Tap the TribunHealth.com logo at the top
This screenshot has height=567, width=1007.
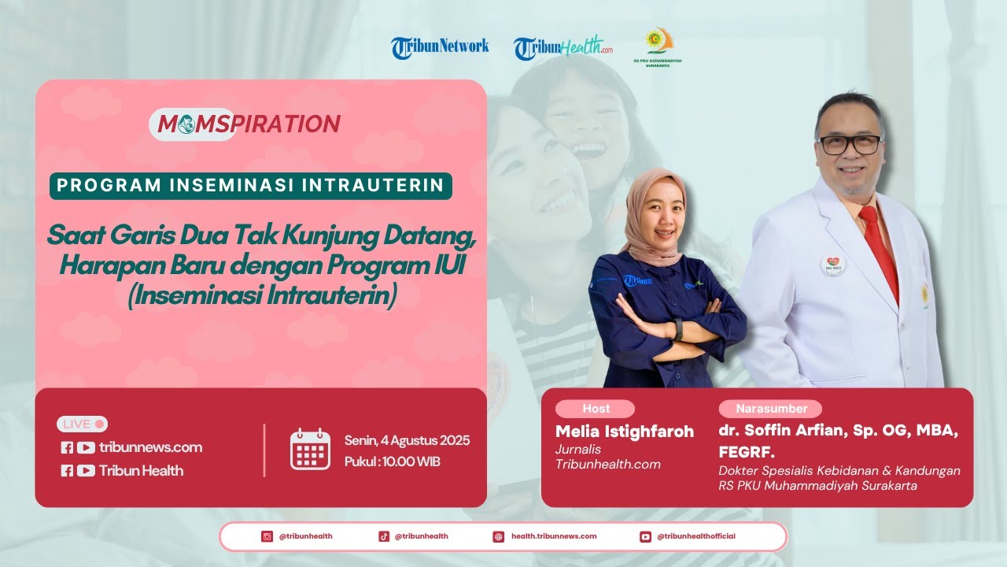tap(563, 47)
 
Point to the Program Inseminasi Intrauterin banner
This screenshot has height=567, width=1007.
tap(251, 186)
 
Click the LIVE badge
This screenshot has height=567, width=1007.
tap(83, 424)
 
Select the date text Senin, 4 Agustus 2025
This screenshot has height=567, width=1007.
tap(407, 440)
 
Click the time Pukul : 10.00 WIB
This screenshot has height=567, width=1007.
tap(392, 461)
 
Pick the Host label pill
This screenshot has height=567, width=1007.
tap(596, 409)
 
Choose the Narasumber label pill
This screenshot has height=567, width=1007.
tap(771, 409)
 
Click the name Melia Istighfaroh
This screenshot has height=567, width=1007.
tap(625, 432)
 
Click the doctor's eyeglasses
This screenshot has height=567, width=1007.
tap(850, 145)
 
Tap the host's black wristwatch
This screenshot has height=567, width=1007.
tap(678, 329)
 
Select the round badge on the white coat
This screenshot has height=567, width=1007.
tap(832, 265)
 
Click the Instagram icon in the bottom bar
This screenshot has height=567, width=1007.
tap(267, 536)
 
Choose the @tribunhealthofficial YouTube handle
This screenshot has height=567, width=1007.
tap(695, 536)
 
